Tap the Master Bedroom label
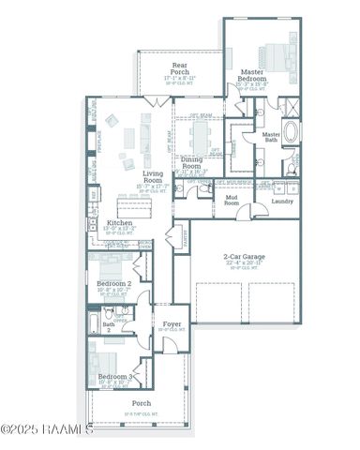(x=252, y=75)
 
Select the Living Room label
(x=152, y=174)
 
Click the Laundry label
(x=282, y=201)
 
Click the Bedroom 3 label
(x=115, y=377)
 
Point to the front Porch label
(x=142, y=404)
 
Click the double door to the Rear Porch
(x=154, y=100)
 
